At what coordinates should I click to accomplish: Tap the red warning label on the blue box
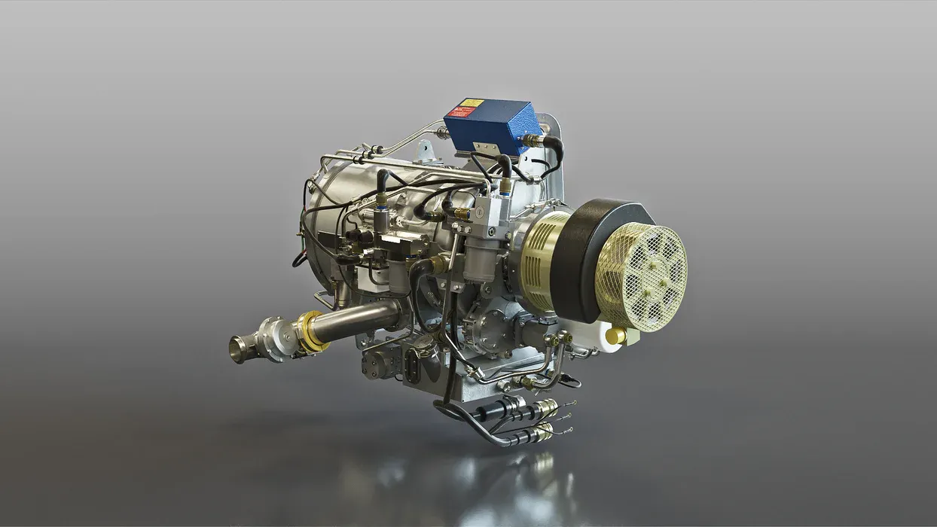click(461, 111)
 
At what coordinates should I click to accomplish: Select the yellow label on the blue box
click(472, 103)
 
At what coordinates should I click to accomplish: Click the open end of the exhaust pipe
click(238, 349)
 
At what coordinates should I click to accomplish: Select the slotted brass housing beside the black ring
click(544, 260)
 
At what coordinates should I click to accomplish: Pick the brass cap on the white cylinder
click(615, 336)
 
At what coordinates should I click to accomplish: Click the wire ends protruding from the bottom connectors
click(565, 418)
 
